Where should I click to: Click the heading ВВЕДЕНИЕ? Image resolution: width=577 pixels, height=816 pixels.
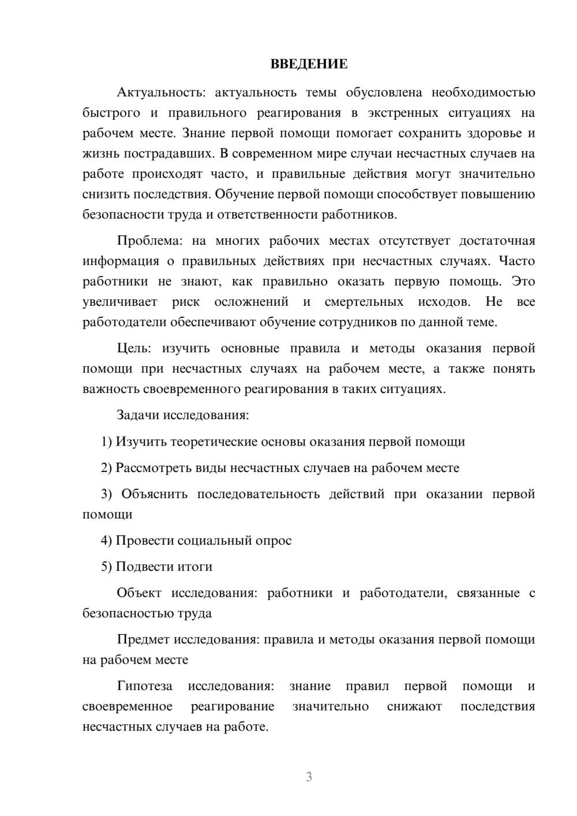309,64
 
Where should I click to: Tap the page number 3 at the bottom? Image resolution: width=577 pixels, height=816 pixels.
309,777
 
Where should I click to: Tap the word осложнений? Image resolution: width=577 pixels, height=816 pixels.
251,302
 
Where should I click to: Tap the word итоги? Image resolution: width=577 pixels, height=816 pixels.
193,567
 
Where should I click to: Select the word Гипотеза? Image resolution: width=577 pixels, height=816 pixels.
144,686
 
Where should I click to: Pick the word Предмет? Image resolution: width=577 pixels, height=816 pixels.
144,639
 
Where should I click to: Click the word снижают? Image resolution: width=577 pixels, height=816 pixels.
414,706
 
